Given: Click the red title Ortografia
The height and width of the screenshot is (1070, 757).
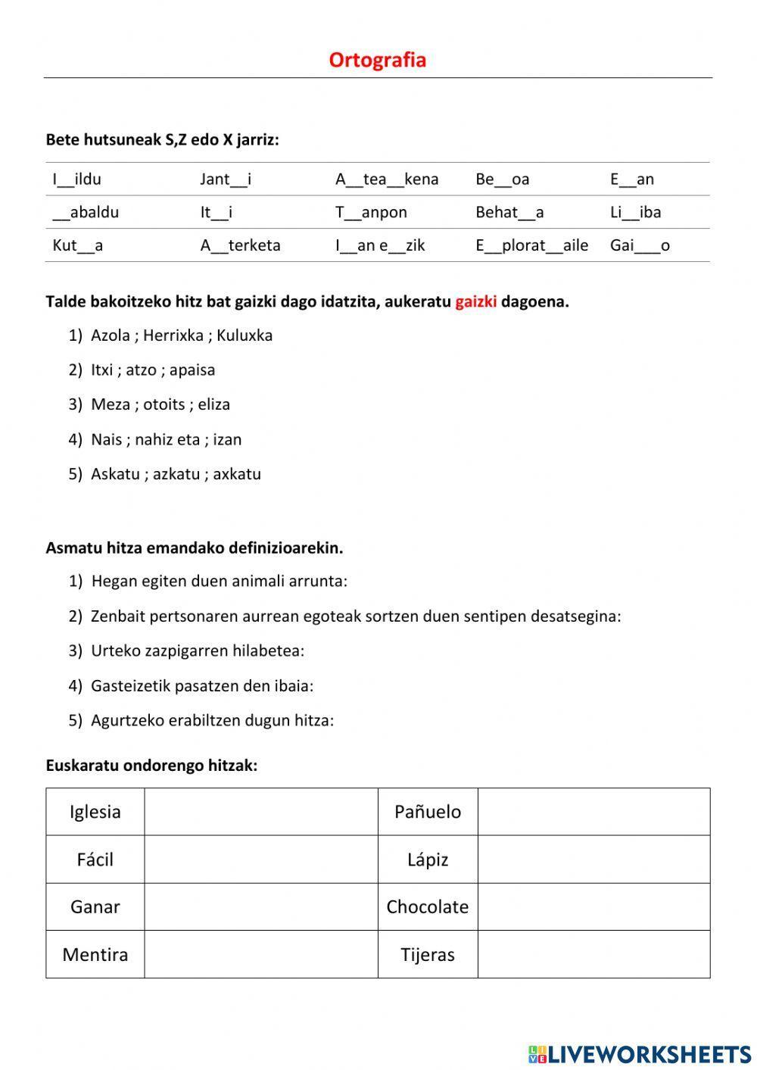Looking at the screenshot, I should click(377, 60).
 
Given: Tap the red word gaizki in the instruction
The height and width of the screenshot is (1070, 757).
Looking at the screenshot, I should click(475, 301).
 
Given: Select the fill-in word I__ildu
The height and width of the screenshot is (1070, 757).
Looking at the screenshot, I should click(76, 179).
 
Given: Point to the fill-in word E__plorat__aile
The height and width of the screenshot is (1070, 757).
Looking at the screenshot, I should click(531, 245).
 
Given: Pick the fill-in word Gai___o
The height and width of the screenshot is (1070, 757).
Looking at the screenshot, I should click(640, 245).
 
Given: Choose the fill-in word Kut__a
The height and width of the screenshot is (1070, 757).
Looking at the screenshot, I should click(77, 245).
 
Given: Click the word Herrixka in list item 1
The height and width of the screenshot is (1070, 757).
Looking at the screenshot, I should click(173, 335).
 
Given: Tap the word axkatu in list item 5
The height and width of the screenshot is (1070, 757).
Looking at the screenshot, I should click(236, 474).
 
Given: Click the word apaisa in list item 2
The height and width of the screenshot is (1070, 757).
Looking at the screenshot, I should click(192, 370).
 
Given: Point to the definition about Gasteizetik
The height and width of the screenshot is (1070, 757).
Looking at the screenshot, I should click(201, 686).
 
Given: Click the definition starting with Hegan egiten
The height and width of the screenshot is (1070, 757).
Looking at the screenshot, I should click(219, 582).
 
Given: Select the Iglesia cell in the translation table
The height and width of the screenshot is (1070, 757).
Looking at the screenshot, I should click(95, 812).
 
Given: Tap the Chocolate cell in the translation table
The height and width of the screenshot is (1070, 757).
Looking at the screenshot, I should click(427, 906).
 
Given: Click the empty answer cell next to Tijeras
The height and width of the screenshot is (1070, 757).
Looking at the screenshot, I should click(593, 954).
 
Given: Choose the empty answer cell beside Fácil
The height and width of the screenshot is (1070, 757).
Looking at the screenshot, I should click(260, 859).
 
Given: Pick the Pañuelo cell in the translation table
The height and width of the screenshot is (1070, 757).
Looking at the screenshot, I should click(427, 812).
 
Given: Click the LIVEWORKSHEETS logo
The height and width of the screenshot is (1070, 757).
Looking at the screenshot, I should click(640, 1053).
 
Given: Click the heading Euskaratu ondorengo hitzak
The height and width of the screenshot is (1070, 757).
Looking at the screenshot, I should click(151, 766).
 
